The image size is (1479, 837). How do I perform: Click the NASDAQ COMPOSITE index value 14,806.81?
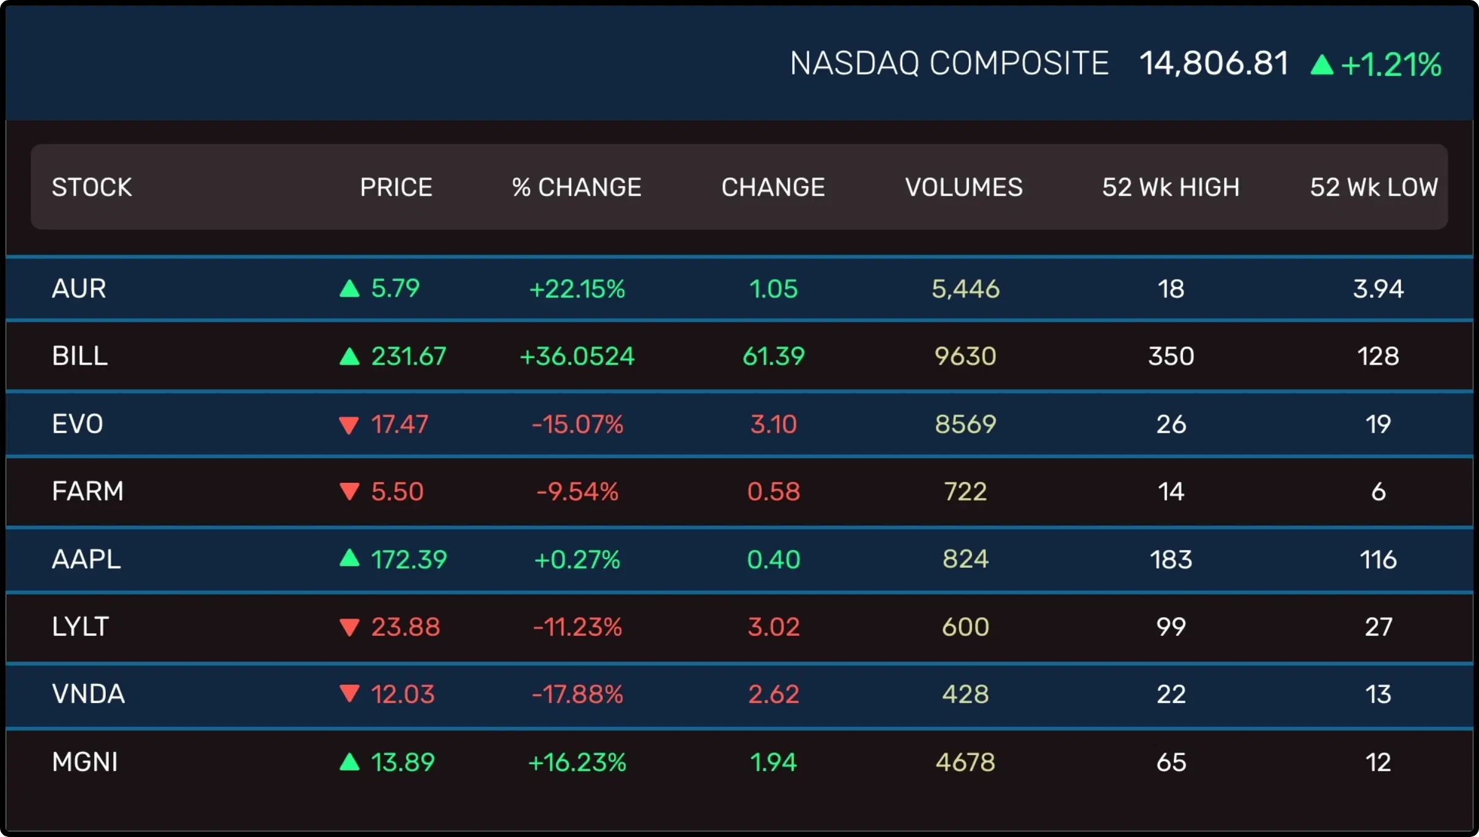[x=1214, y=64]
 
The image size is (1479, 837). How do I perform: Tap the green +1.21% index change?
[x=1390, y=65]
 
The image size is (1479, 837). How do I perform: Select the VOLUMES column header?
[x=963, y=187]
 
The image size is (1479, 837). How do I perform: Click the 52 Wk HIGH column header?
[x=1171, y=187]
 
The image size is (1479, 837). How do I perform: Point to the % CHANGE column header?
[x=577, y=187]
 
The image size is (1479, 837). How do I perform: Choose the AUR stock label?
[x=79, y=289]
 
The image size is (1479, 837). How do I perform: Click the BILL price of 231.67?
[x=409, y=356]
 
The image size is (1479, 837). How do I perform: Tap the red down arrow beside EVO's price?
[x=349, y=425]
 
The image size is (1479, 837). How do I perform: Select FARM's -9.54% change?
[x=577, y=492]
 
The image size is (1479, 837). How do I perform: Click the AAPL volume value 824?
[x=965, y=559]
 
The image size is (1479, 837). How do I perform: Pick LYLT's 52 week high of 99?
[x=1171, y=627]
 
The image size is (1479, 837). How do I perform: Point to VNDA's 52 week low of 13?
[x=1378, y=694]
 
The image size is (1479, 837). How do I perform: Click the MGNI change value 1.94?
[x=773, y=762]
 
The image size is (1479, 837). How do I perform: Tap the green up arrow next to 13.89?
[x=349, y=762]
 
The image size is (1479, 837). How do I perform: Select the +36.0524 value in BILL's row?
[x=577, y=356]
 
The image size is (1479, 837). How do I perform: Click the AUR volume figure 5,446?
[x=965, y=289]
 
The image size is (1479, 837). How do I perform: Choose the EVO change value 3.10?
[x=773, y=425]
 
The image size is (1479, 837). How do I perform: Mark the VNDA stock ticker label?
[x=88, y=694]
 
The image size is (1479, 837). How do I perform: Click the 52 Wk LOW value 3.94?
[x=1378, y=289]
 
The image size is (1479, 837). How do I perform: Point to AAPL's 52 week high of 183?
[x=1171, y=559]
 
